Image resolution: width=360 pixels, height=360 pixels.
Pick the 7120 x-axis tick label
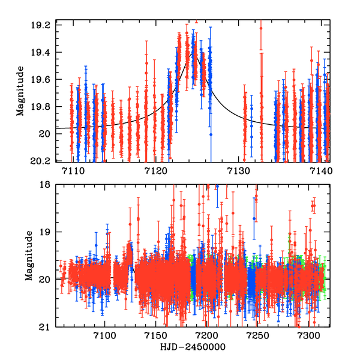[155, 172]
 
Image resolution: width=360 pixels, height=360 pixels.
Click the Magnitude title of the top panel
[20, 93]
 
